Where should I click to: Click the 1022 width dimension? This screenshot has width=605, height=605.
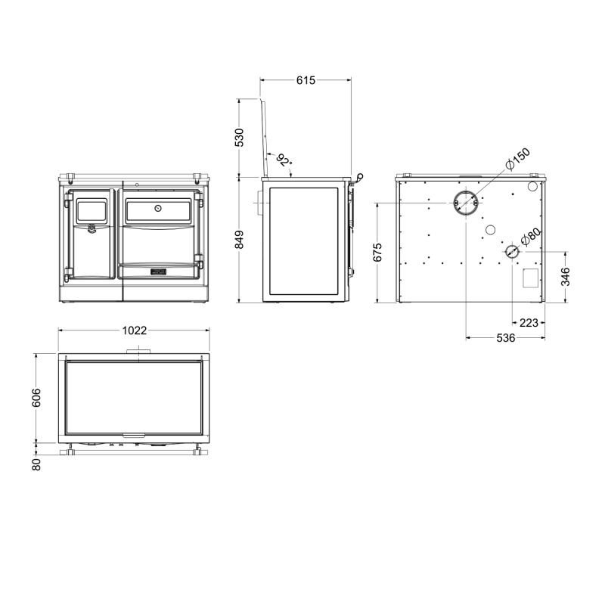135,330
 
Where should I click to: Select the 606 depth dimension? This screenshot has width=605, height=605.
36,398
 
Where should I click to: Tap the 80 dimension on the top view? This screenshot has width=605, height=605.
36,464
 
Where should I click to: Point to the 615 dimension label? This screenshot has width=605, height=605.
306,80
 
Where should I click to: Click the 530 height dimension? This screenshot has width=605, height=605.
239,138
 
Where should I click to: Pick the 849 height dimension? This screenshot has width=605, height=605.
239,240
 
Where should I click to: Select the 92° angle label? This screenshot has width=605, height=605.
284,160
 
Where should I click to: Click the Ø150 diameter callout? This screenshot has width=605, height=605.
518,158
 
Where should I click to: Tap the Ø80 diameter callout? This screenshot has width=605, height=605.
531,237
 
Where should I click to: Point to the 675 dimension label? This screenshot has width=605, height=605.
377,253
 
